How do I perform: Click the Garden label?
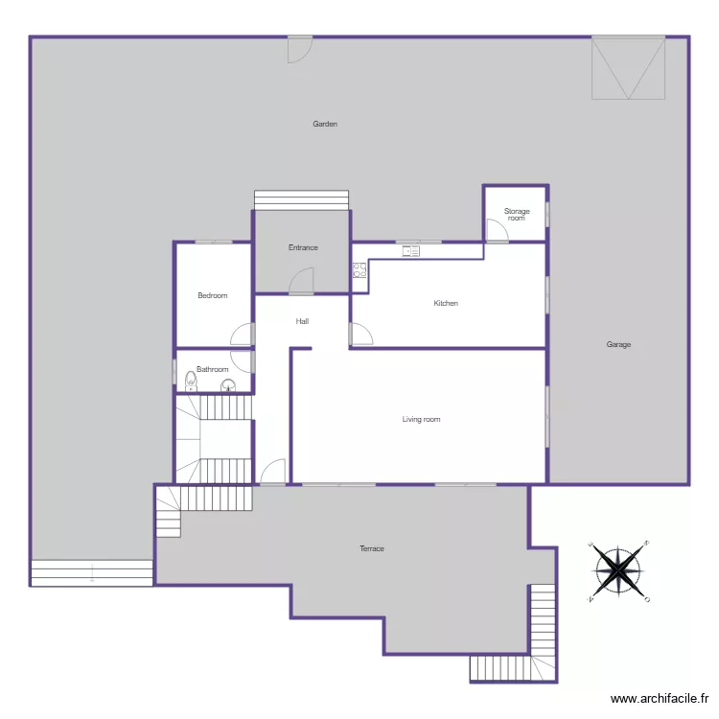tap(325, 124)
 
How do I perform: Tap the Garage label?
tap(618, 344)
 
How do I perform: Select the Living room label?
tap(421, 419)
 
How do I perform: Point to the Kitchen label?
tap(446, 303)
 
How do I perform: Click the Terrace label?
tap(372, 548)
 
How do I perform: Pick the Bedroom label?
tap(212, 295)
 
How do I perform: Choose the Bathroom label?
tap(212, 369)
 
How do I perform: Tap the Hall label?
tap(302, 321)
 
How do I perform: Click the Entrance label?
tap(303, 247)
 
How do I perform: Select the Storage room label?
tap(517, 214)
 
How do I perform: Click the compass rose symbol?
tap(619, 571)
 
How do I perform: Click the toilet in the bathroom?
tap(191, 383)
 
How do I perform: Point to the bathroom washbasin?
tap(228, 386)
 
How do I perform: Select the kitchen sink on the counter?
tap(411, 251)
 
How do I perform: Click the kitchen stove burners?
tap(359, 270)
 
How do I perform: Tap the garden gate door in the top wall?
tap(299, 49)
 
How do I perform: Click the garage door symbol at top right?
tap(628, 68)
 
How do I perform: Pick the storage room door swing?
tap(496, 231)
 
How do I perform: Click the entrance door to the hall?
tap(302, 281)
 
